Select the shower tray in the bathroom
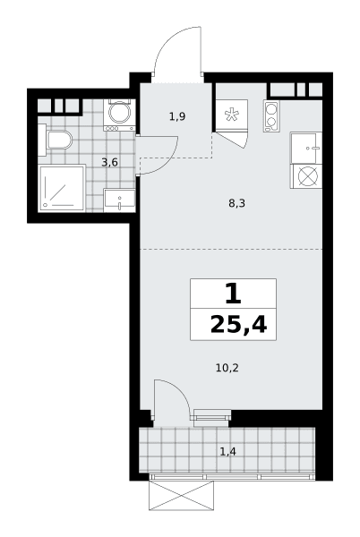(x=62, y=188)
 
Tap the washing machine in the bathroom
(x=119, y=115)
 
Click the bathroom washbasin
(x=119, y=200)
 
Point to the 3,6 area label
(x=109, y=162)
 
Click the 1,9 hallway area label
(x=177, y=116)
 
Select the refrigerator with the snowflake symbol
(x=231, y=115)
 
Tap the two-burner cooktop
(x=271, y=116)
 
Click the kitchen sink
(x=306, y=148)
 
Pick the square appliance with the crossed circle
(x=306, y=176)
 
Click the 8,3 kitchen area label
(x=237, y=204)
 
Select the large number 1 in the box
(x=233, y=294)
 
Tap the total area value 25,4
(x=238, y=325)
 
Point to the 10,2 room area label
(x=227, y=368)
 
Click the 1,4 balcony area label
(x=227, y=452)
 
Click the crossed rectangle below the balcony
(x=182, y=496)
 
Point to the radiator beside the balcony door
(x=212, y=417)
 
